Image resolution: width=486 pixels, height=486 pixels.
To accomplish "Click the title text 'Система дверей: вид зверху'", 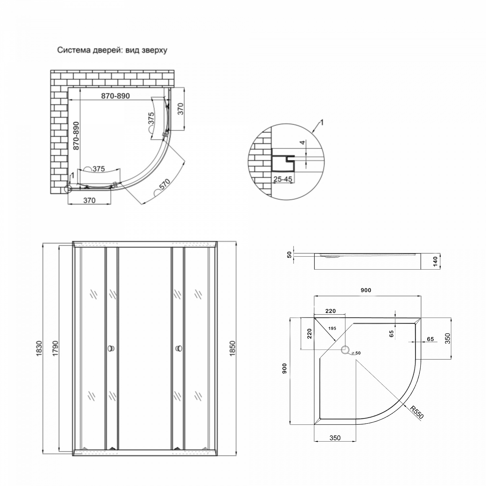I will tap(112, 50).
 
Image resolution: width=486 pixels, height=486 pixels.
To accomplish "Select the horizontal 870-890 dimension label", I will tap(115, 96).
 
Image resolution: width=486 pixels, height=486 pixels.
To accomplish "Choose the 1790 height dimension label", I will tap(55, 349).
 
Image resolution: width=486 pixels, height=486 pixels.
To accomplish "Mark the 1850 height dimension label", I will tap(232, 349).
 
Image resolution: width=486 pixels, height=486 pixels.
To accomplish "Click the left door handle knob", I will tap(111, 349).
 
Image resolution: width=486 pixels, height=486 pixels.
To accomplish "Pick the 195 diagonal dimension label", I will tap(332, 328).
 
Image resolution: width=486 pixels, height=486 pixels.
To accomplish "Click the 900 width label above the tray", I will tap(366, 290).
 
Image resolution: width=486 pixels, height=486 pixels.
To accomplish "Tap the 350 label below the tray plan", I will tap(335, 438).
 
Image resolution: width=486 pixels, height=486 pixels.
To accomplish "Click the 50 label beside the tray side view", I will tap(289, 255).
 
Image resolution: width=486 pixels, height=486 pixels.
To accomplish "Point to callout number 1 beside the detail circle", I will tap(322, 122).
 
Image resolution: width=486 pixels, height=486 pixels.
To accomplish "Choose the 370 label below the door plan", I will tap(89, 201).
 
